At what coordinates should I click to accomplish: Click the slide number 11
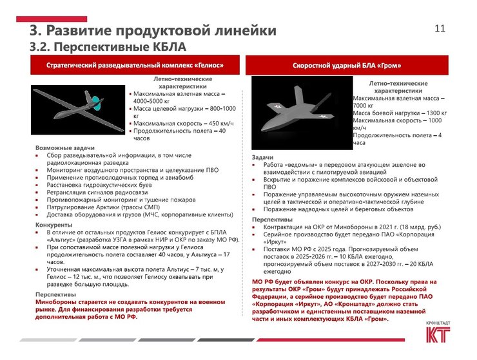[x=441, y=28]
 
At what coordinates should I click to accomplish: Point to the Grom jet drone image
[x=298, y=113]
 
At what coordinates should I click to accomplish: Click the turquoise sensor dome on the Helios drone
[x=95, y=101]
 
